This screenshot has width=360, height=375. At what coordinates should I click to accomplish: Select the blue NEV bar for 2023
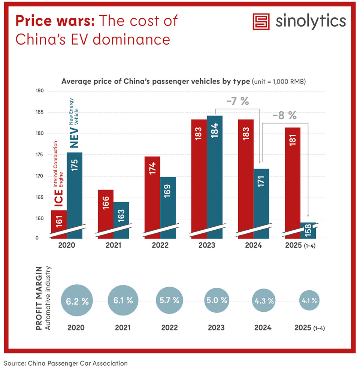tap(215, 176)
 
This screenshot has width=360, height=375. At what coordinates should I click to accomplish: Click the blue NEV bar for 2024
tap(261, 202)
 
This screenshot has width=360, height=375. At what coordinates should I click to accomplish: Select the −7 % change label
tap(237, 101)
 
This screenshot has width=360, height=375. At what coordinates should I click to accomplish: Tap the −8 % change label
tap(284, 116)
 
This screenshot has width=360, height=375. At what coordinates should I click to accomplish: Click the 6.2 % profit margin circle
tap(77, 301)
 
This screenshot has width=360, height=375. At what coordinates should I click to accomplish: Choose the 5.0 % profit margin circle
tap(217, 300)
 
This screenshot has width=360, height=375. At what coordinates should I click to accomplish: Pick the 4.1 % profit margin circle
tap(309, 300)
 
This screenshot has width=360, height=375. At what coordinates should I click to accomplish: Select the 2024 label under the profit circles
tap(262, 327)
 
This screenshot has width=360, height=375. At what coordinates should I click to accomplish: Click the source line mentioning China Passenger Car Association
tap(66, 363)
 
